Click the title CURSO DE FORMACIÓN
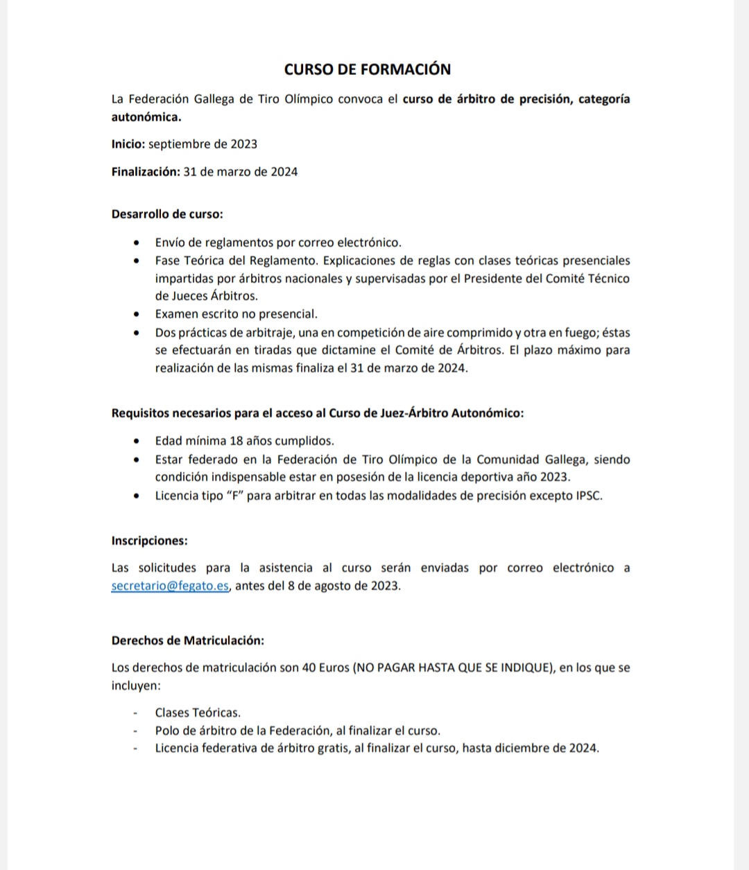pos(368,69)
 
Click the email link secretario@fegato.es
pos(170,586)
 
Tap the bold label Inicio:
pos(128,144)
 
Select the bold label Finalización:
pos(146,172)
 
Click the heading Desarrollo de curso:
pos(167,214)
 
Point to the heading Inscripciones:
pos(149,541)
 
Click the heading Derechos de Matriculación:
pos(187,641)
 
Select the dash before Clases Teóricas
pos(137,713)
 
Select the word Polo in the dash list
pos(167,731)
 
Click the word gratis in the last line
pos(331,749)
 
